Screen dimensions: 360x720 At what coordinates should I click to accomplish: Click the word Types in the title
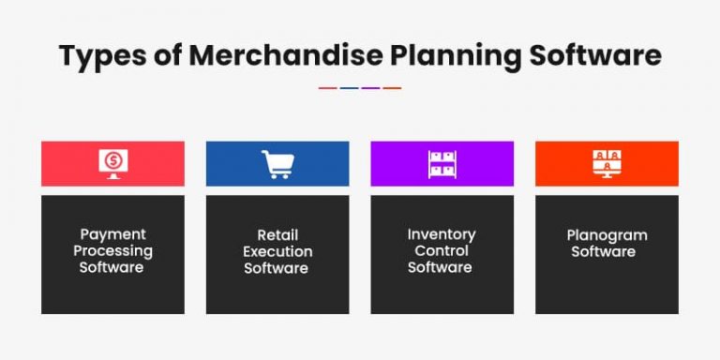click(97, 55)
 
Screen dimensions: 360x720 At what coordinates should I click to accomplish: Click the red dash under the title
click(327, 88)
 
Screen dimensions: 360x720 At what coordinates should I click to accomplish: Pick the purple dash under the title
click(370, 88)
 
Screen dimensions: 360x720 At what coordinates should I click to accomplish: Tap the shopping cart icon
click(277, 164)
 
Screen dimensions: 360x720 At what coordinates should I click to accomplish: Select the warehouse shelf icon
click(442, 164)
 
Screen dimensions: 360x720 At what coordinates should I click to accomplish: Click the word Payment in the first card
click(112, 234)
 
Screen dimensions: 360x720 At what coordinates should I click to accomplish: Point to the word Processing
click(112, 250)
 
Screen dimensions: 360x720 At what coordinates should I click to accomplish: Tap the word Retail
click(277, 234)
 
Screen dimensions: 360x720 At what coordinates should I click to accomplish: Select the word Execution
click(277, 250)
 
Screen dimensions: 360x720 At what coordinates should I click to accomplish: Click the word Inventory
click(442, 234)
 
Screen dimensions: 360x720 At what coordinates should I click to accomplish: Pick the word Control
click(442, 250)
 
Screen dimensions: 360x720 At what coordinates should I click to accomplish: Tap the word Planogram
click(607, 235)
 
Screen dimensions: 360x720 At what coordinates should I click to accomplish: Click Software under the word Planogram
click(607, 251)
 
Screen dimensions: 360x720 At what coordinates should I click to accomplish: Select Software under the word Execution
click(277, 267)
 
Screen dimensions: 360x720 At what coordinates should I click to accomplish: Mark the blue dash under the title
click(349, 88)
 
